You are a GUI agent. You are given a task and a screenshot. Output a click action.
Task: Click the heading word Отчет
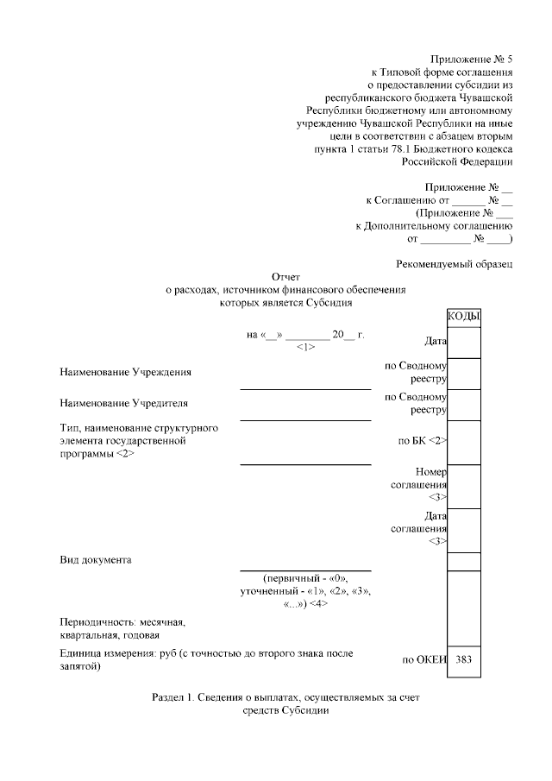[285, 277]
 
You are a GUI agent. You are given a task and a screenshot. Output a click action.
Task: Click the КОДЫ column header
[464, 318]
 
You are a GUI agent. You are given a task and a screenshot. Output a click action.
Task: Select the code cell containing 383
[464, 659]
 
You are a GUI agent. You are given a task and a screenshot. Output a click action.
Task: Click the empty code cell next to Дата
[464, 342]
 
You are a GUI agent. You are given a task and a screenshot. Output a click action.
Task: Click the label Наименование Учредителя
[124, 403]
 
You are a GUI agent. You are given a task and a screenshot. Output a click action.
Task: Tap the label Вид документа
[96, 560]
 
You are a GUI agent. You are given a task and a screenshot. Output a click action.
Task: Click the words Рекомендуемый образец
[455, 263]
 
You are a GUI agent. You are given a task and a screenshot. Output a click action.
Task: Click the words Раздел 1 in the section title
[171, 696]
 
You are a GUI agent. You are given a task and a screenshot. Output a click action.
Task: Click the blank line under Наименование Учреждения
[305, 388]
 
